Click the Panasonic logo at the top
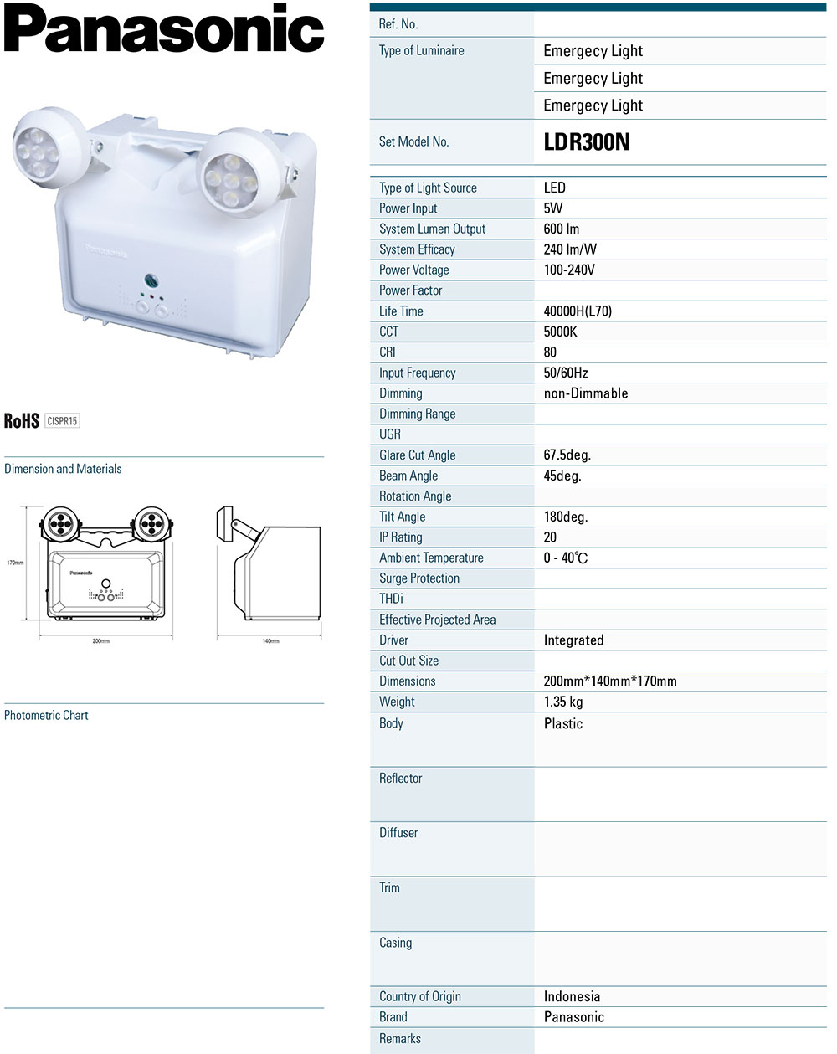coord(164,29)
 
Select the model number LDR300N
coord(586,141)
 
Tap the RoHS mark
coord(22,420)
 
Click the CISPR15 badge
coord(63,420)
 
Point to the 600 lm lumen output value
coord(561,229)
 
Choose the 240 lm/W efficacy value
coord(570,249)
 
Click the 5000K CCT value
coord(560,332)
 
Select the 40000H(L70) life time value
coord(578,311)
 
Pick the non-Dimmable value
coord(585,393)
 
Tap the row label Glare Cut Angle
coord(417,455)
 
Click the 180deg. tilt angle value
coord(565,517)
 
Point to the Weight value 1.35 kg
coord(562,702)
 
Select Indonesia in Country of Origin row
coord(572,996)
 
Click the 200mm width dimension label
coord(100,641)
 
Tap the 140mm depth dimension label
coord(270,641)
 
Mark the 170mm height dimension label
coord(15,563)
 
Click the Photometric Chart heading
coord(46,715)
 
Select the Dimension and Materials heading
coord(63,469)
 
